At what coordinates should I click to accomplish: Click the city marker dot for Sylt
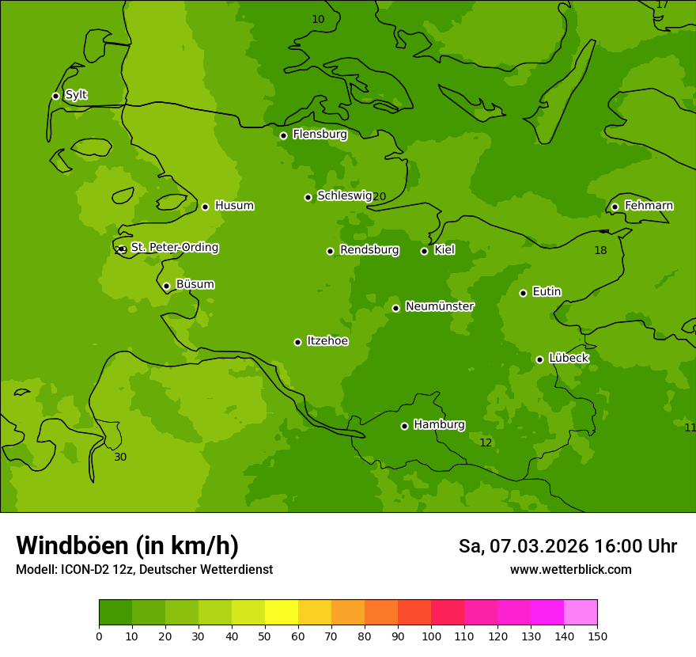click(55, 96)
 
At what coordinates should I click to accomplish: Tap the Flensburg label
click(320, 135)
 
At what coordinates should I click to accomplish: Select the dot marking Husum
click(205, 207)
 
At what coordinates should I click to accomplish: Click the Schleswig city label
click(344, 196)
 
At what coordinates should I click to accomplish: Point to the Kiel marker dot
click(424, 251)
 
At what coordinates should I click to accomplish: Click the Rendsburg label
click(369, 250)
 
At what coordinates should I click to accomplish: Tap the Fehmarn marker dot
click(615, 207)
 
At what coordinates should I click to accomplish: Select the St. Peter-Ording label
click(174, 248)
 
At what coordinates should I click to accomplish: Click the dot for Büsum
click(166, 286)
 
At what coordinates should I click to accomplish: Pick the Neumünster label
click(440, 306)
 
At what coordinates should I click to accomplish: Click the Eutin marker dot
click(523, 293)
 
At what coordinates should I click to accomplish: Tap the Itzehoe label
click(327, 341)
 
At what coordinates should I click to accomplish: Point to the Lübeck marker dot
click(539, 359)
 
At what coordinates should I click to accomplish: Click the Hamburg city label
click(439, 425)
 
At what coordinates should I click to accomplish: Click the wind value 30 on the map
click(120, 457)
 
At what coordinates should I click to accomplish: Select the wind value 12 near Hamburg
click(486, 442)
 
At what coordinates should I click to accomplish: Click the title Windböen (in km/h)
click(127, 545)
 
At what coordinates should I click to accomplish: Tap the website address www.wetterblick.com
click(570, 569)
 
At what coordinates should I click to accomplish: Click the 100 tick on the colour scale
click(431, 636)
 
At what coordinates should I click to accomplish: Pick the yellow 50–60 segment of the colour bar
click(282, 613)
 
